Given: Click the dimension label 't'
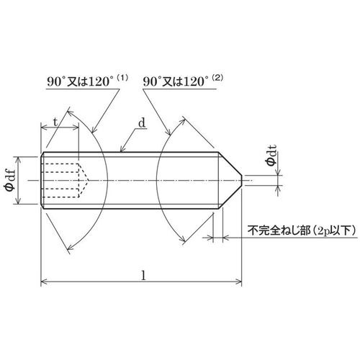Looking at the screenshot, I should pos(55,122).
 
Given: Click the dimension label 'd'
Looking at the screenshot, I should pos(141,123).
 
